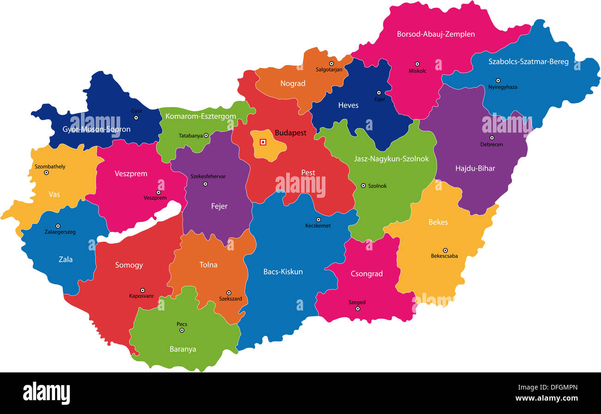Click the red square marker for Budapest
[263, 142]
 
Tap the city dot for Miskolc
[417, 64]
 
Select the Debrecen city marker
[491, 138]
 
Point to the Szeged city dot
[357, 309]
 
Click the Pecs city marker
[182, 330]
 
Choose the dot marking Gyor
[136, 118]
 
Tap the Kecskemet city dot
[318, 219]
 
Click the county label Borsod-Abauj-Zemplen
[435, 34]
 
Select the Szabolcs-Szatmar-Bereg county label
[528, 61]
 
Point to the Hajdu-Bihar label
[475, 168]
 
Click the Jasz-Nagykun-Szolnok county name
[391, 159]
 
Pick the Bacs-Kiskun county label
[283, 272]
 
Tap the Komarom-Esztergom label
[201, 116]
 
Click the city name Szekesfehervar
[208, 177]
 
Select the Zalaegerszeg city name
[60, 232]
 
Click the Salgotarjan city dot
[331, 63]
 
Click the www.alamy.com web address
[546, 398]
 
